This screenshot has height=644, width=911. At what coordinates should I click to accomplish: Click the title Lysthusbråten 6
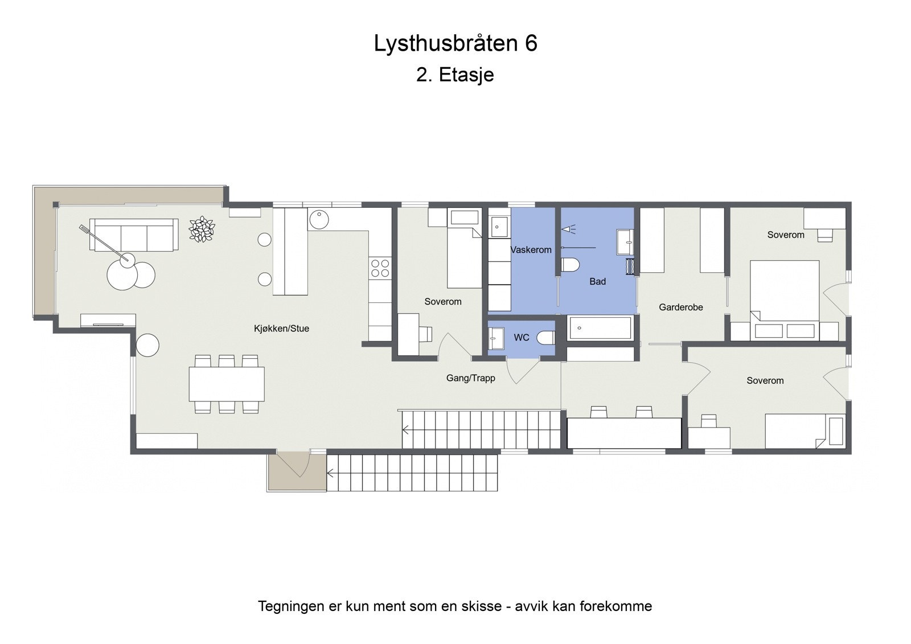455,43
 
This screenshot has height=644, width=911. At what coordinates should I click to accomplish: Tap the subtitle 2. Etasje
455,75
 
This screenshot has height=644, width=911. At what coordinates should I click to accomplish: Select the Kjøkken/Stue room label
281,329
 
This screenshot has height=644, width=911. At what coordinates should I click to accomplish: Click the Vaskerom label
531,250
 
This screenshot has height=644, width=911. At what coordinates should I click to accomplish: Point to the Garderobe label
680,307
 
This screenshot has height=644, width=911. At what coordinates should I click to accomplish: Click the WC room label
521,338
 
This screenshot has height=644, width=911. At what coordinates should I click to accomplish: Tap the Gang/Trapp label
470,378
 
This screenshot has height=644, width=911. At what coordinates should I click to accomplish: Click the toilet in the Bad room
569,265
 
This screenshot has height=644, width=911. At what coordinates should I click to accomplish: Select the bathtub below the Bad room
601,328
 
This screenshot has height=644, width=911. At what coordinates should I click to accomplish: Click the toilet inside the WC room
547,338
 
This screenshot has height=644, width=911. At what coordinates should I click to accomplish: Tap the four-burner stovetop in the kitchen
380,268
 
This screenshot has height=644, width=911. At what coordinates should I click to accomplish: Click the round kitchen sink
319,219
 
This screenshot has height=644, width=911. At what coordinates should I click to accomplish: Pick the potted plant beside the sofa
202,229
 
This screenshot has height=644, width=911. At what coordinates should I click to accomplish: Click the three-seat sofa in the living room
134,235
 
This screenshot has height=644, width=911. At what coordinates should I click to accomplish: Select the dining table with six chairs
227,384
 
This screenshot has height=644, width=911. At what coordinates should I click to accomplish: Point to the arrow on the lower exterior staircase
331,472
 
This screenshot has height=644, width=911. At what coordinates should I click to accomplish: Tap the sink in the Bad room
625,243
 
